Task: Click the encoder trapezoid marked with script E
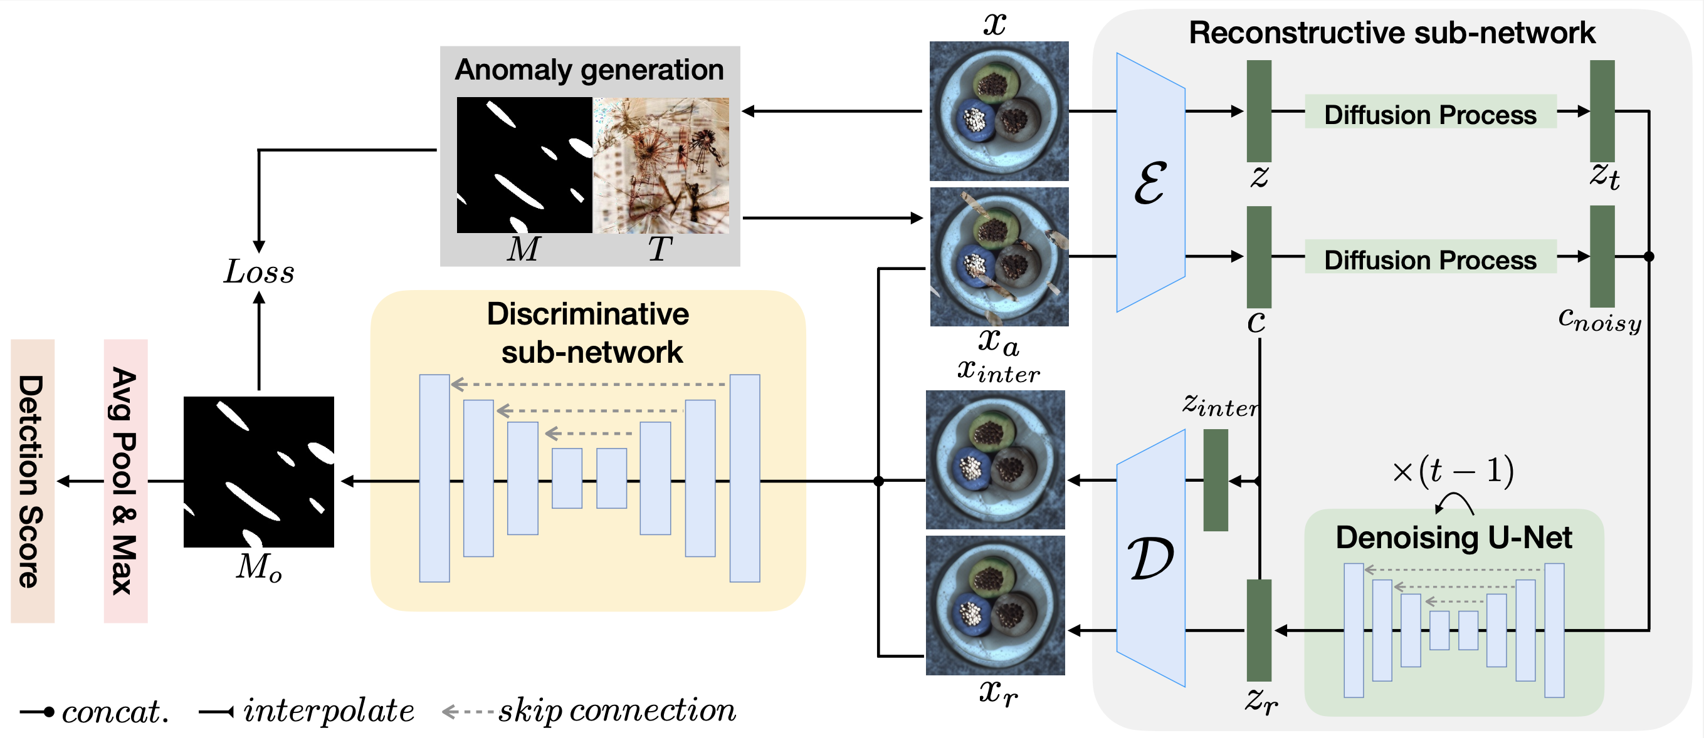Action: pyautogui.click(x=1150, y=182)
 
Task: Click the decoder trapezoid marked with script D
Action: pyautogui.click(x=1150, y=558)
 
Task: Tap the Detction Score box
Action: pyautogui.click(x=33, y=481)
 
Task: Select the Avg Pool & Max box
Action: pyautogui.click(x=125, y=481)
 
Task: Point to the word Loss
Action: pyautogui.click(x=259, y=272)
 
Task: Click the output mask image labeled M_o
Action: pyautogui.click(x=259, y=472)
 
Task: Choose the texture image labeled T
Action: pyautogui.click(x=661, y=165)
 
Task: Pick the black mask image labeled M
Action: pyautogui.click(x=525, y=165)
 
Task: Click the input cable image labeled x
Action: pyautogui.click(x=999, y=111)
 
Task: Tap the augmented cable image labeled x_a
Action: pyautogui.click(x=999, y=257)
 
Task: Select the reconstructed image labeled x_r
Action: pyautogui.click(x=996, y=605)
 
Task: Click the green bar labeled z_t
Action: pyautogui.click(x=1602, y=111)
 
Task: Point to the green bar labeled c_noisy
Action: pyautogui.click(x=1602, y=257)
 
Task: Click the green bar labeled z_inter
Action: pyautogui.click(x=1216, y=480)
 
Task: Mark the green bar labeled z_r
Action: pyautogui.click(x=1259, y=630)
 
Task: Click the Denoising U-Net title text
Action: pyautogui.click(x=1454, y=538)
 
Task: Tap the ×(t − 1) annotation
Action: pyautogui.click(x=1453, y=471)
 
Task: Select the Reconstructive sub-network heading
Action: pyautogui.click(x=1392, y=33)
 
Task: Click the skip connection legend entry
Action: pyautogui.click(x=589, y=711)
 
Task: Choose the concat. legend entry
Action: pyautogui.click(x=95, y=712)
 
